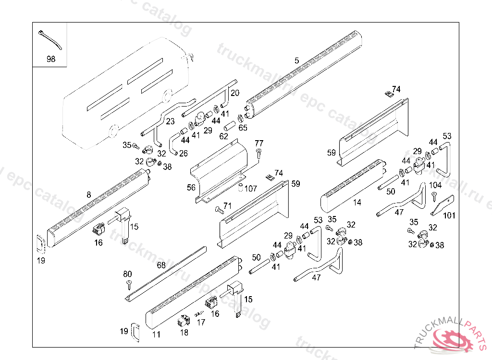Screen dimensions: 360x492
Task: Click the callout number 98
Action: (50, 60)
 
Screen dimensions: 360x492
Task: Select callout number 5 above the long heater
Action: (296, 60)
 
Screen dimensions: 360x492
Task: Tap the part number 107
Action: (251, 188)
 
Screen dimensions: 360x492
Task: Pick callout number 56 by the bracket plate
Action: (191, 188)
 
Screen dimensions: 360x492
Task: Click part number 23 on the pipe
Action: (171, 121)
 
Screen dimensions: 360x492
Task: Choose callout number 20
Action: (234, 93)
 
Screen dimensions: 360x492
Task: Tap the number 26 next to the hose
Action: (184, 154)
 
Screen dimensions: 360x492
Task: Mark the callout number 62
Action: (224, 136)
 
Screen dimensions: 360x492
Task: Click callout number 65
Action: (243, 128)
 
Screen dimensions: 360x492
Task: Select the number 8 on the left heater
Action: (88, 195)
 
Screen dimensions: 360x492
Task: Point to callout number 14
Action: (357, 203)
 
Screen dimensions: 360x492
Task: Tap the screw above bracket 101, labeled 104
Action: (434, 195)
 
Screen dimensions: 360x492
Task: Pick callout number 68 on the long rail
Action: (161, 264)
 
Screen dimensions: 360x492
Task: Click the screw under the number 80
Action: (129, 284)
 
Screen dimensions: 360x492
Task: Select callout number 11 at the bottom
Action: (157, 335)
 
